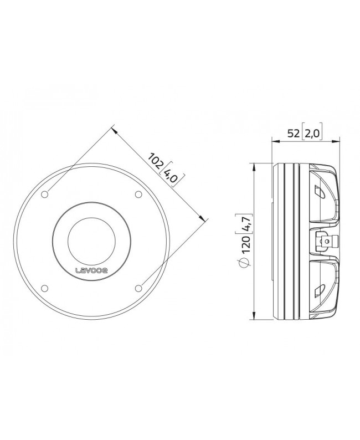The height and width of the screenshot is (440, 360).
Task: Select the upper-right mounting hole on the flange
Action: (x=137, y=194)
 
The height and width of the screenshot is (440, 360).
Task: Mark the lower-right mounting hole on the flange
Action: (x=137, y=287)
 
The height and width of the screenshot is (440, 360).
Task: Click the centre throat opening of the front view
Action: (x=91, y=240)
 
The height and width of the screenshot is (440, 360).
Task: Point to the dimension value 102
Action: (x=156, y=161)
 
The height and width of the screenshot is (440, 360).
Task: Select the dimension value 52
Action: (x=294, y=133)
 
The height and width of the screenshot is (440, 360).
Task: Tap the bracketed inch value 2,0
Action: (x=312, y=133)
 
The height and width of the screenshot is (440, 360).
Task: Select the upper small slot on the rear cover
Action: (x=319, y=192)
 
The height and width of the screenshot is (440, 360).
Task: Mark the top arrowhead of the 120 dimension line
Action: (x=253, y=166)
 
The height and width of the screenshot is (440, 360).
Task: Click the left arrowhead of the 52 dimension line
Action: (x=275, y=141)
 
